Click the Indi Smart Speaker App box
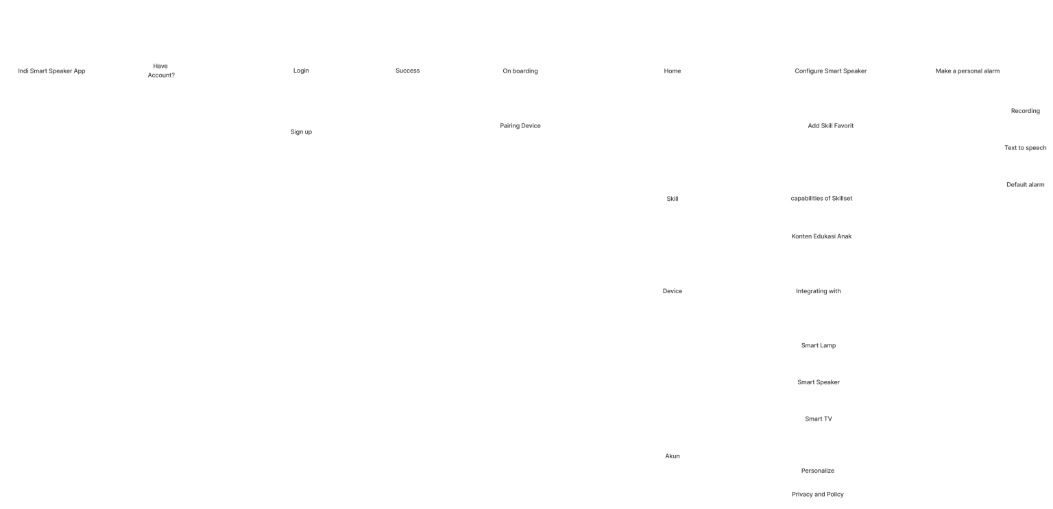coord(52,71)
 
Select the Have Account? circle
coord(160,71)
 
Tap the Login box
coord(301,71)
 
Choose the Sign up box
coord(301,132)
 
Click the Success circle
coord(407,71)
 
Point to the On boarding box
coord(520,71)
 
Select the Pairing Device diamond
coord(520,125)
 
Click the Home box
coord(673,71)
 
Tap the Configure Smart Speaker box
coord(830,71)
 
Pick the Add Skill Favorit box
coord(830,125)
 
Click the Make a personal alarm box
coord(967,71)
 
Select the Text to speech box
coord(1025,148)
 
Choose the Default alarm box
coord(1025,184)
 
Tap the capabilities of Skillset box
coord(821,199)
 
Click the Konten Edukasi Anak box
coord(821,236)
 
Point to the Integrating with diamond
coord(818,291)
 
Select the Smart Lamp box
coord(818,345)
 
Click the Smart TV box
coord(818,419)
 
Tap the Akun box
coord(673,456)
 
